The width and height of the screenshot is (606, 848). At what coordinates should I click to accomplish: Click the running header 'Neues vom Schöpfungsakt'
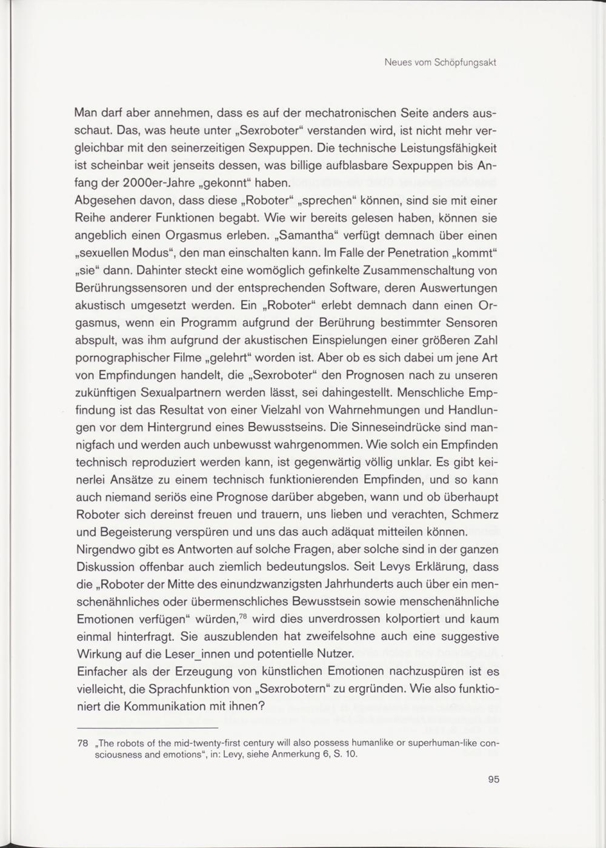[x=441, y=62]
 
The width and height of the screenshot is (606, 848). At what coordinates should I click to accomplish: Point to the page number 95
[x=493, y=780]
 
